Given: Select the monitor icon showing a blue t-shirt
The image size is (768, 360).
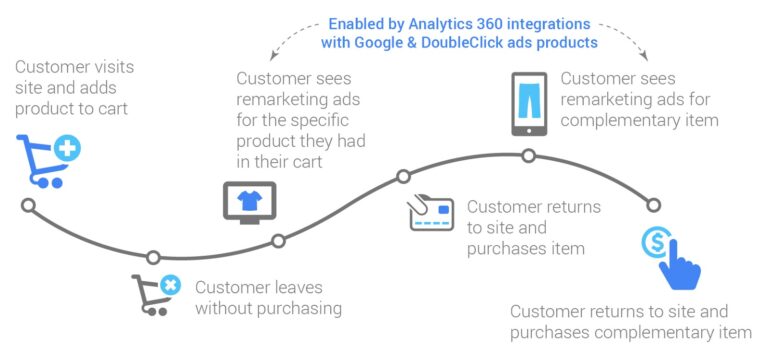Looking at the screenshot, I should pyautogui.click(x=249, y=200).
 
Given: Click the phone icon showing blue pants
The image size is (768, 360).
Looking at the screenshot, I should pyautogui.click(x=530, y=102).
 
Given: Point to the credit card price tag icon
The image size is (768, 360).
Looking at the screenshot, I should pyautogui.click(x=432, y=212).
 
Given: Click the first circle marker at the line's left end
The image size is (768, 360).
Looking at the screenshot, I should pyautogui.click(x=28, y=205).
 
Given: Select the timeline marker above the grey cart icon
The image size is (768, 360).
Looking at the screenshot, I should pyautogui.click(x=153, y=257).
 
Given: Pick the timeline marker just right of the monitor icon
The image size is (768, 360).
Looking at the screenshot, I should pyautogui.click(x=279, y=240).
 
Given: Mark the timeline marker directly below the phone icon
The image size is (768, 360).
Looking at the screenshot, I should pyautogui.click(x=529, y=155).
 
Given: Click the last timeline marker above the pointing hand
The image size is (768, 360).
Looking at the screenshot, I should pyautogui.click(x=654, y=205).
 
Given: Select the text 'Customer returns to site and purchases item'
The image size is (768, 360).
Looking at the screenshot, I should pyautogui.click(x=534, y=227).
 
